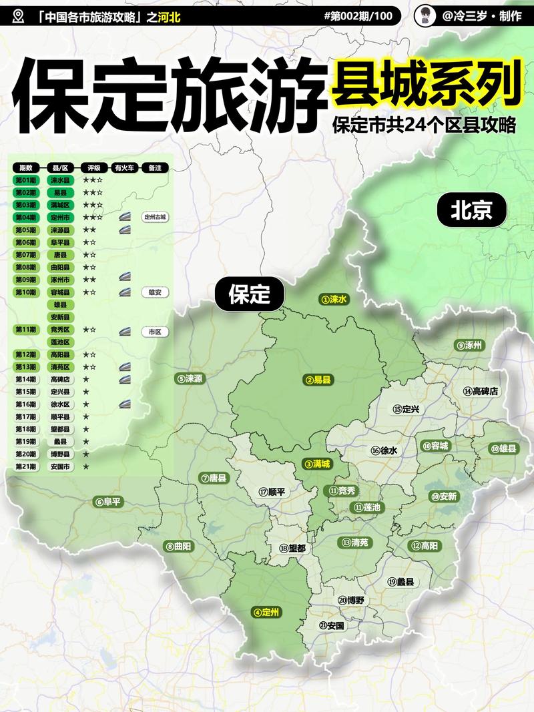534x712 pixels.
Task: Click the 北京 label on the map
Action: coord(471,211)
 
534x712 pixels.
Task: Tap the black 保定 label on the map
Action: coord(249,294)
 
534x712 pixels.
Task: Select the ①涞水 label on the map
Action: coord(334,300)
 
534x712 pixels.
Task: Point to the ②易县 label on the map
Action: coord(318,380)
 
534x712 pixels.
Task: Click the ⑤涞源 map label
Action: coord(190,378)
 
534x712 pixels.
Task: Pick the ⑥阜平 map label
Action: coord(108,502)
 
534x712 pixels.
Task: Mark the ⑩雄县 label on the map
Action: coord(504,448)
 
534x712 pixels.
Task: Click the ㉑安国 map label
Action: coord(332,625)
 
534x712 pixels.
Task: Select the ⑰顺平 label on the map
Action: coord(272,492)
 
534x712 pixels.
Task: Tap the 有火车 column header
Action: coord(124,168)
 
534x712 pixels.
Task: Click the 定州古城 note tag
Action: coord(155,217)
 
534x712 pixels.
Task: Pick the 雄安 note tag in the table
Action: coord(155,292)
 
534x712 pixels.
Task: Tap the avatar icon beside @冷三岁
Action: coord(423,16)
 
